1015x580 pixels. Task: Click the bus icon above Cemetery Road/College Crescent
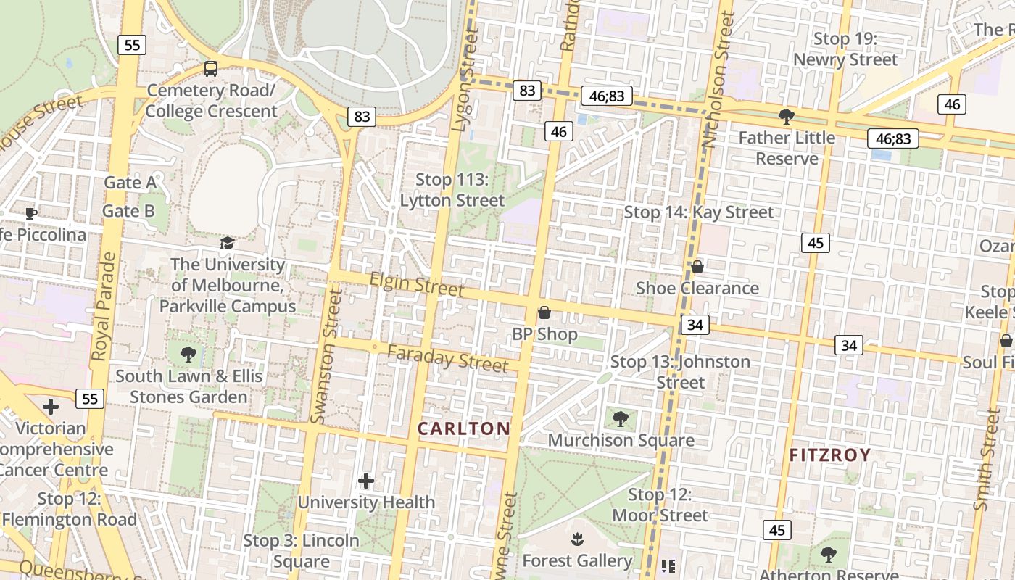pos(211,69)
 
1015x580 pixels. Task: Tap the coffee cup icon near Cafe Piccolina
pos(30,213)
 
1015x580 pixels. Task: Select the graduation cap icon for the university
pos(228,243)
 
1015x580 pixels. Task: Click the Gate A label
pos(130,182)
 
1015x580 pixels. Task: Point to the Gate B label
pos(128,211)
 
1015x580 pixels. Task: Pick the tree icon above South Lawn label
pos(188,355)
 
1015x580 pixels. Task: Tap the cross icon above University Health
pos(366,480)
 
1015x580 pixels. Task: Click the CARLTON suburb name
pos(464,428)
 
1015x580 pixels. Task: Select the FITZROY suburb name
pos(830,455)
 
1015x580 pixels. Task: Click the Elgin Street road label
pos(417,283)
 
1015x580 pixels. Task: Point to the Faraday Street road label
pos(447,358)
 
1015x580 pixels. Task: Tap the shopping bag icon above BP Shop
pos(544,312)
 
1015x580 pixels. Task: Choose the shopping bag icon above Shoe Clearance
pos(697,267)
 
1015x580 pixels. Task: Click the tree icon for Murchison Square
pos(620,418)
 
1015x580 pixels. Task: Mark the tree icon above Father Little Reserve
pos(786,116)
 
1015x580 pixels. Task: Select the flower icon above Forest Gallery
pos(577,539)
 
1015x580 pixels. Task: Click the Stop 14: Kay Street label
pos(699,212)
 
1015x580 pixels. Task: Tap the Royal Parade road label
pos(104,306)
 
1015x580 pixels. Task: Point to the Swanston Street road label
pos(326,355)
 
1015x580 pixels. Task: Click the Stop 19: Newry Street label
pos(845,49)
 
